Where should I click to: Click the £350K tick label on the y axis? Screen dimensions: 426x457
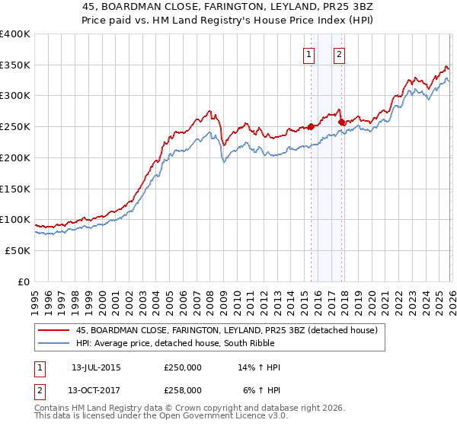coord(14,65)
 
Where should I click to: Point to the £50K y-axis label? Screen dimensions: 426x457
coord(17,250)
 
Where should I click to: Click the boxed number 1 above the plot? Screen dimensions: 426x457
coord(309,53)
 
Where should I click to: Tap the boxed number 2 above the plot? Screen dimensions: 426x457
coord(339,53)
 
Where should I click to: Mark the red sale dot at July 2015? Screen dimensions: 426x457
coord(311,127)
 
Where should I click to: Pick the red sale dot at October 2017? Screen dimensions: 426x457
coord(341,122)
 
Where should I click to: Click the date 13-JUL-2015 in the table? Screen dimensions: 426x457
coord(96,367)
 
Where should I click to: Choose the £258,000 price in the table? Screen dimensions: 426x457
coord(183,389)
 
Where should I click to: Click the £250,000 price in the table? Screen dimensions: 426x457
coord(183,367)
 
